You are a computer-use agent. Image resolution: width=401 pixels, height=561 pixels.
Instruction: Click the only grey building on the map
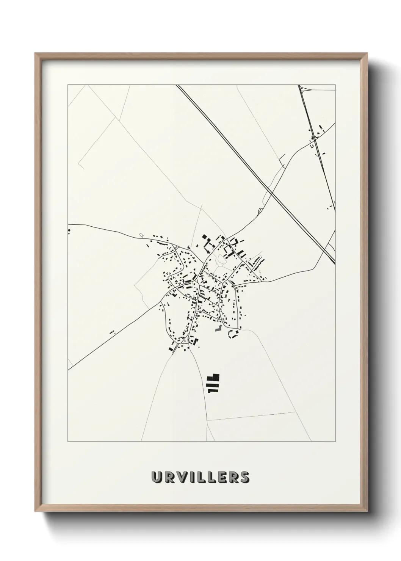pyautogui.click(x=218, y=328)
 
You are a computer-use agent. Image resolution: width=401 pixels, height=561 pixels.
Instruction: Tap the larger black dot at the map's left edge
pyautogui.click(x=69, y=230)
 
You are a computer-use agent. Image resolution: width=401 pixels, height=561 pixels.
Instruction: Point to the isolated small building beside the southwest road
pyautogui.click(x=112, y=332)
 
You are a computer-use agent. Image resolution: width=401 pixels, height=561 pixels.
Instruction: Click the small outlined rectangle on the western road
pyautogui.click(x=141, y=235)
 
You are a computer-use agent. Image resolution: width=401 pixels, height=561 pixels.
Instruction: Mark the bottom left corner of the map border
pyautogui.click(x=68, y=441)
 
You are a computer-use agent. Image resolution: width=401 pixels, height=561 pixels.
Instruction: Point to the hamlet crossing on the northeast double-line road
pyautogui.click(x=314, y=140)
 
